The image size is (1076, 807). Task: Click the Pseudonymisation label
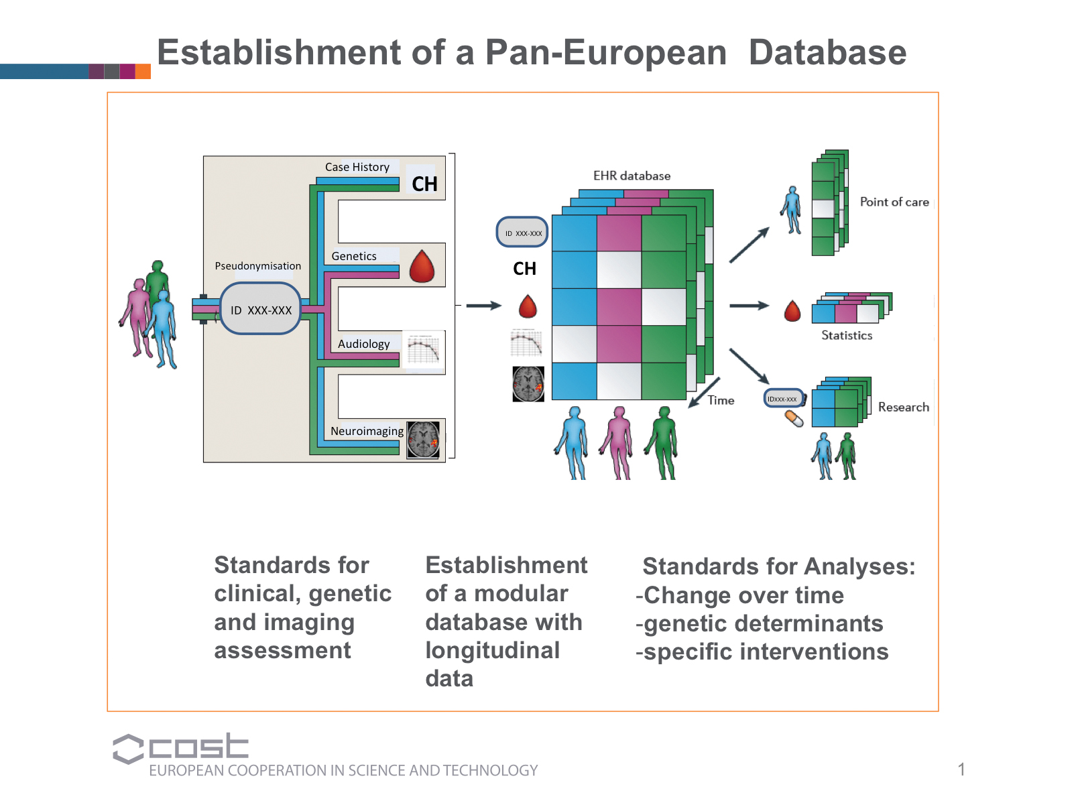[x=257, y=266]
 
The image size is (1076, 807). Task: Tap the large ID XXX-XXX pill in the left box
[x=261, y=309]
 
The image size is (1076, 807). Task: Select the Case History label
[x=357, y=167]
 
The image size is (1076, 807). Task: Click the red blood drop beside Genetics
[x=422, y=267]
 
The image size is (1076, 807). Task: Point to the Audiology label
[x=363, y=344]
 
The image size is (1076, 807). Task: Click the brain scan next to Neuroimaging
[x=424, y=440]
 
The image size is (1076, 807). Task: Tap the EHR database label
[x=632, y=176]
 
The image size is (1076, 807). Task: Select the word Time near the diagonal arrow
[x=721, y=400]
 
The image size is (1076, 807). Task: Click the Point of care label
[x=894, y=202]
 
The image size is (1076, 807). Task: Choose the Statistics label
[x=847, y=335]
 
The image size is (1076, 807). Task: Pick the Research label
[x=903, y=407]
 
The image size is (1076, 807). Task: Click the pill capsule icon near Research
[x=794, y=419]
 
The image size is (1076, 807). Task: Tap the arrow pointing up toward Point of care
[x=749, y=245]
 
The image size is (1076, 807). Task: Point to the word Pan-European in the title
[x=605, y=52]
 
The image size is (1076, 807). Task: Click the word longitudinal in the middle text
[x=492, y=650]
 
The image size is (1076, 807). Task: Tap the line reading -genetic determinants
[x=759, y=623]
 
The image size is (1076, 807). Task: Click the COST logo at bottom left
[x=181, y=747]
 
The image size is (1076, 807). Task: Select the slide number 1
[x=961, y=769]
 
